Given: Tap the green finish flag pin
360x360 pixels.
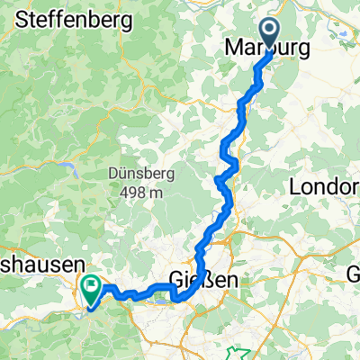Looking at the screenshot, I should tap(91, 289).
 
